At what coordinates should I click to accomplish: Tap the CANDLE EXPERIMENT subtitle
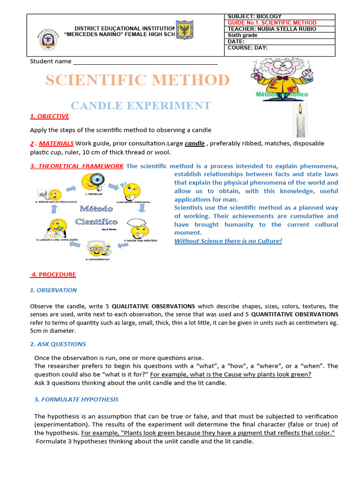point(140,105)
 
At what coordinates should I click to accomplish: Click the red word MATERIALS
point(56,143)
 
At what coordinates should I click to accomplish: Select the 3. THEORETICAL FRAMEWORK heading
point(77,166)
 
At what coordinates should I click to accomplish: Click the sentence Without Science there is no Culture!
point(228,241)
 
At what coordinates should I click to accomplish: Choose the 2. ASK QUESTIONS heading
point(58,344)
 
